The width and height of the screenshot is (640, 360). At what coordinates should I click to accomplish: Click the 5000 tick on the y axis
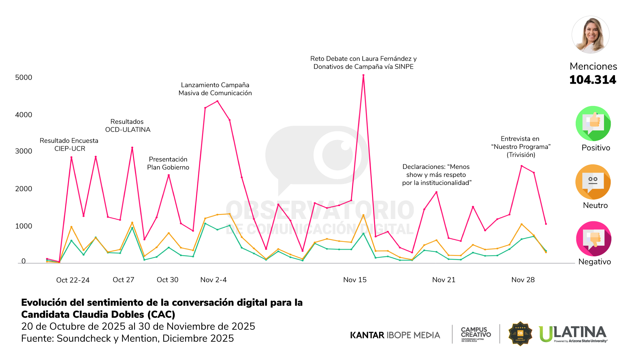click(x=24, y=78)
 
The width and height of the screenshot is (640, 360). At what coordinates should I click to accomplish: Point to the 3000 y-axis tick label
click(x=24, y=151)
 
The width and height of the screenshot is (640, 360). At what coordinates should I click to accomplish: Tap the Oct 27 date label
click(x=123, y=280)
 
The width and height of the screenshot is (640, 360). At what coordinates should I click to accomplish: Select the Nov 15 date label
click(x=355, y=280)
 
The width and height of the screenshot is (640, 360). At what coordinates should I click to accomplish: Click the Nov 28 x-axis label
click(x=523, y=280)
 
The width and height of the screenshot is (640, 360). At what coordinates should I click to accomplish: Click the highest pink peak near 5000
click(x=363, y=75)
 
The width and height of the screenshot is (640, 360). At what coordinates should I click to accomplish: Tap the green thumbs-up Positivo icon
click(x=593, y=124)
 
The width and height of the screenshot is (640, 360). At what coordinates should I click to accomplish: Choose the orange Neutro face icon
click(x=593, y=182)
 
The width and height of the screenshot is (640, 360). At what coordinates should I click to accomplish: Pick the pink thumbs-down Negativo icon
click(x=593, y=239)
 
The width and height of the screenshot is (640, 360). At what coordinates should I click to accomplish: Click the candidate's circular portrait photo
click(x=590, y=35)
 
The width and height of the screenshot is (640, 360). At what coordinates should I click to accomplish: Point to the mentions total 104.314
click(x=593, y=80)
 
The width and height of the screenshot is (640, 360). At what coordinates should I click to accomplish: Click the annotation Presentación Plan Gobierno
click(x=168, y=163)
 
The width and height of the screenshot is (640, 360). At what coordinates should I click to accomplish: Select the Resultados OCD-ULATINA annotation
click(x=127, y=126)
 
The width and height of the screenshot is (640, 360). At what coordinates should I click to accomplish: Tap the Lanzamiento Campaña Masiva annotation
click(x=215, y=89)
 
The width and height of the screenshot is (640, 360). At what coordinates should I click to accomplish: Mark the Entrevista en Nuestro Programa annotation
click(x=520, y=147)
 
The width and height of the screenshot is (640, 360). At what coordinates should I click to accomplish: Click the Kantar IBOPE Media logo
click(x=395, y=335)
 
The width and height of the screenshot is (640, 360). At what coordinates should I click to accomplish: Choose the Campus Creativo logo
click(x=476, y=334)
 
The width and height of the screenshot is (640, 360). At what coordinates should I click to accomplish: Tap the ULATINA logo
click(x=573, y=334)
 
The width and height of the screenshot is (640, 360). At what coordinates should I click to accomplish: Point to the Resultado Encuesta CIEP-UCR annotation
click(x=69, y=145)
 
